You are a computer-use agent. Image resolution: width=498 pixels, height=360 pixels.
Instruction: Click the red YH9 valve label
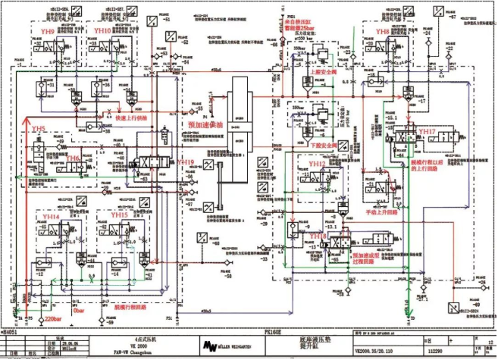click(48, 31)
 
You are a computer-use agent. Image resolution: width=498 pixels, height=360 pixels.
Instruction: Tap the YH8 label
click(382, 32)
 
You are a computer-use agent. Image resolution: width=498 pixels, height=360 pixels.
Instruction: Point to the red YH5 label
click(39, 129)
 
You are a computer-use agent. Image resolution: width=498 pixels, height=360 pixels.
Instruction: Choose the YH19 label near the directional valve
click(185, 162)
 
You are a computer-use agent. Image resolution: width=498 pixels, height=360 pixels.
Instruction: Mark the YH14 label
click(52, 216)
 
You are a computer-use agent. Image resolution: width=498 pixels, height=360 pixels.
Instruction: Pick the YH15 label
click(119, 216)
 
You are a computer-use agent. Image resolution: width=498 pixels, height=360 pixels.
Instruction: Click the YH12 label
click(316, 164)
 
